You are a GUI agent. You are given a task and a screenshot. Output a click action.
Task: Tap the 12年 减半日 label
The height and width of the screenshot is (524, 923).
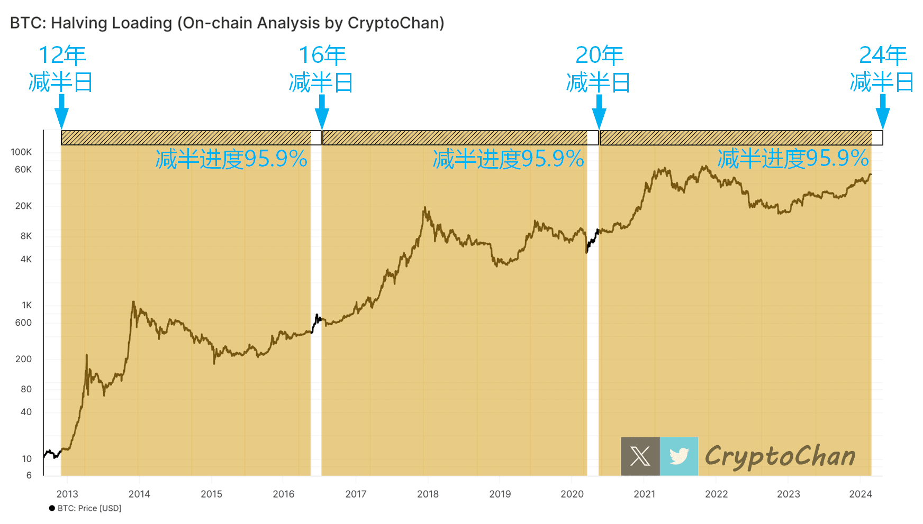point(61,69)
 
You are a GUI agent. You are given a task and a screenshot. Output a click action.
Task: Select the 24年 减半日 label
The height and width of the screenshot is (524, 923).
point(882,69)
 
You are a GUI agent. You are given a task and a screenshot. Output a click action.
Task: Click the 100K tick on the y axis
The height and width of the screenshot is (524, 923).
point(21,152)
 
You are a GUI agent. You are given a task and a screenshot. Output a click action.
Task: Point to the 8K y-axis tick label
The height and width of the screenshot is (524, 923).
point(26,236)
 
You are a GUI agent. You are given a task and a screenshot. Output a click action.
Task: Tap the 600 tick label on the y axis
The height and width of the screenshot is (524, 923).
point(23,323)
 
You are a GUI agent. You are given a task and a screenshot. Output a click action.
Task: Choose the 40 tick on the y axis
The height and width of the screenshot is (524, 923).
point(26,412)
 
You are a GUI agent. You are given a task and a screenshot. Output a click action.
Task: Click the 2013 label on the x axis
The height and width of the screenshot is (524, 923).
point(67,494)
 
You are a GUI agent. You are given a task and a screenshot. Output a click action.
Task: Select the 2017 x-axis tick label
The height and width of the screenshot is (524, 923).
point(356,494)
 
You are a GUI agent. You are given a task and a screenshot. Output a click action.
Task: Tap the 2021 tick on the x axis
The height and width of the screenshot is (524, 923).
point(644,494)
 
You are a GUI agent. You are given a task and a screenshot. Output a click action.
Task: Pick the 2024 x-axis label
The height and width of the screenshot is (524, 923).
point(861,494)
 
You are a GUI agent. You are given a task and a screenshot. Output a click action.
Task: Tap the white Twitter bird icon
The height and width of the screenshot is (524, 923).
point(679,456)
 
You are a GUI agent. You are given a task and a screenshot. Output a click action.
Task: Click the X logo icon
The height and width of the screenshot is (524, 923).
point(640,456)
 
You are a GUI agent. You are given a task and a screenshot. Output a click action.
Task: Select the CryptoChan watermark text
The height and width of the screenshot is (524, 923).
point(780,456)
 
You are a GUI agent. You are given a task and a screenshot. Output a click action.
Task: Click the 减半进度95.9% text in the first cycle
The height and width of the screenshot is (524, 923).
point(231,159)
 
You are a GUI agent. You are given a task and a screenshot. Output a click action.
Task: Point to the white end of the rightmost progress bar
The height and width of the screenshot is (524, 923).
point(877,138)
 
